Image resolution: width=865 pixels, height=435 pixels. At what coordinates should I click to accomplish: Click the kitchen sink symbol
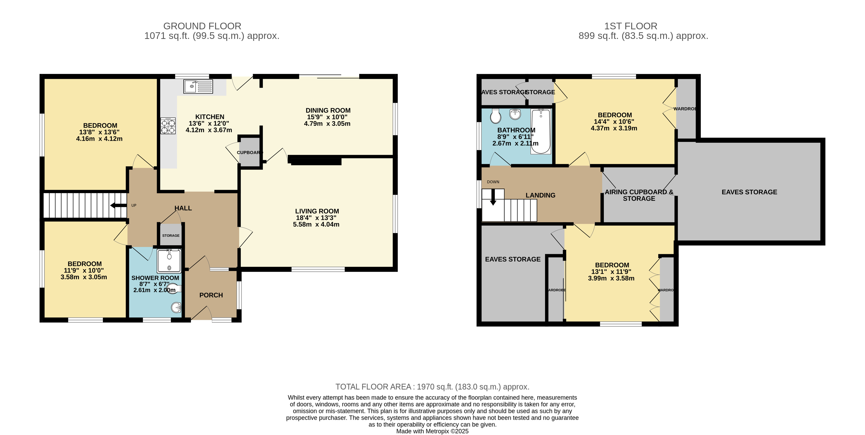tap(198, 86)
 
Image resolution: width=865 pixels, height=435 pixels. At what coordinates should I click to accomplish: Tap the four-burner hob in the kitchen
tap(168, 126)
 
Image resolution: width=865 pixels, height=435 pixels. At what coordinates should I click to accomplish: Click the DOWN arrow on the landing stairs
tap(493, 198)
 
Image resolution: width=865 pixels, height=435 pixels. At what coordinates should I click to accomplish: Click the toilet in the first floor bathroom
tap(496, 116)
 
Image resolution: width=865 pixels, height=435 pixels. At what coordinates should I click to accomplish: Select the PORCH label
tap(211, 295)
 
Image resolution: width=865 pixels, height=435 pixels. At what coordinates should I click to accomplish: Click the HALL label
tap(183, 208)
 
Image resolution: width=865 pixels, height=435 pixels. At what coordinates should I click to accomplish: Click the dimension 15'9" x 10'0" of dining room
tap(327, 117)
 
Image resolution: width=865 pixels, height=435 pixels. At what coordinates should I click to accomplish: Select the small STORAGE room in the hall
tap(171, 235)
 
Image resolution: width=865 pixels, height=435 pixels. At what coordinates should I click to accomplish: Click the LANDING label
tap(540, 195)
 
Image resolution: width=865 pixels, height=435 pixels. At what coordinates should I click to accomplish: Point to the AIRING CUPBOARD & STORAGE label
tap(639, 195)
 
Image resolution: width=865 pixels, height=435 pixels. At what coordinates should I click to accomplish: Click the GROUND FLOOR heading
tap(202, 26)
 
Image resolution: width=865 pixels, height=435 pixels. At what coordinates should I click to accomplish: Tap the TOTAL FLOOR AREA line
tap(432, 387)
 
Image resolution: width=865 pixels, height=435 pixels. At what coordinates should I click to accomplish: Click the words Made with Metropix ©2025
tap(432, 431)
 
